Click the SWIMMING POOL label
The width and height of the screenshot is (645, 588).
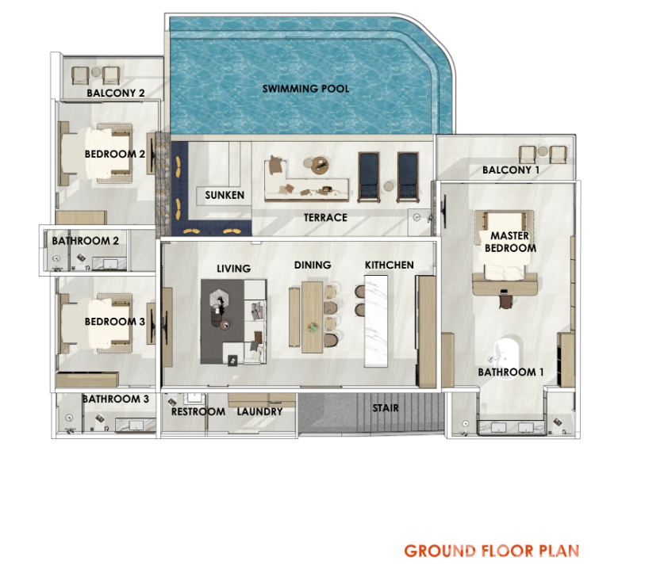pyautogui.click(x=305, y=88)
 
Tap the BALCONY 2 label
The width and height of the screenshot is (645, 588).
pyautogui.click(x=116, y=93)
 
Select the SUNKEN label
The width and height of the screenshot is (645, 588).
pyautogui.click(x=225, y=195)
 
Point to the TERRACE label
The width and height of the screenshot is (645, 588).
pyautogui.click(x=325, y=217)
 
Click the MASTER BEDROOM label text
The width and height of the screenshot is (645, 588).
pyautogui.click(x=510, y=242)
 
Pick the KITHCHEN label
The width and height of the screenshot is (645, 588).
pyautogui.click(x=389, y=265)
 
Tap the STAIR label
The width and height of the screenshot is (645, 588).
pyautogui.click(x=386, y=408)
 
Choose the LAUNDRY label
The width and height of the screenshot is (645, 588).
pyautogui.click(x=259, y=411)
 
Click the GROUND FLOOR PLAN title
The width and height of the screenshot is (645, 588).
pyautogui.click(x=492, y=551)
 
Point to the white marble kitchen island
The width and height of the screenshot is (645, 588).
pyautogui.click(x=376, y=321)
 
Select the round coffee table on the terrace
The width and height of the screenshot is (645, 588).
pyautogui.click(x=320, y=165)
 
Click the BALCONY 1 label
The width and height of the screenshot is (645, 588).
pyautogui.click(x=510, y=170)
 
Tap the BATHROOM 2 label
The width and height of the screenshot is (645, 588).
pyautogui.click(x=85, y=241)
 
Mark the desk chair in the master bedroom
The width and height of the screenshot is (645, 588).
pyautogui.click(x=505, y=302)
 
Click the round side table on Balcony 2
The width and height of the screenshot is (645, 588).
pyautogui.click(x=96, y=72)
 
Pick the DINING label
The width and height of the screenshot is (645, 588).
pyautogui.click(x=313, y=265)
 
